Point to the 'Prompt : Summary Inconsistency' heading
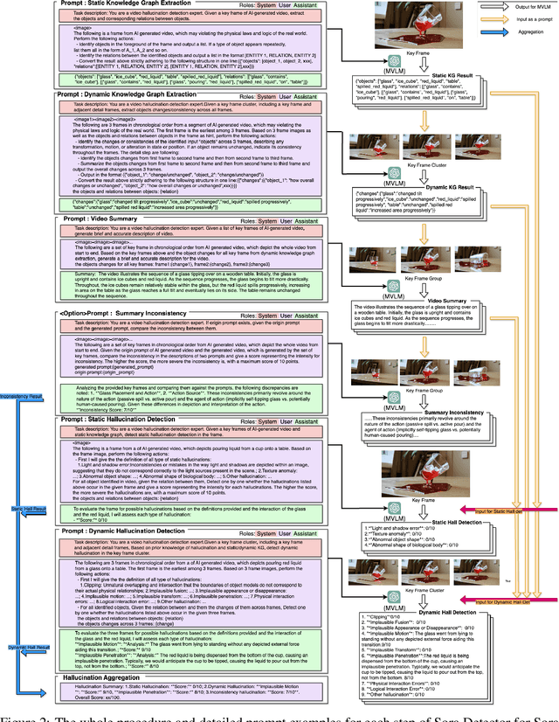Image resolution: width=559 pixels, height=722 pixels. (x=131, y=312)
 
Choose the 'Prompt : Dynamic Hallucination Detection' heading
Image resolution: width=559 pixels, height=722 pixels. (x=143, y=531)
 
